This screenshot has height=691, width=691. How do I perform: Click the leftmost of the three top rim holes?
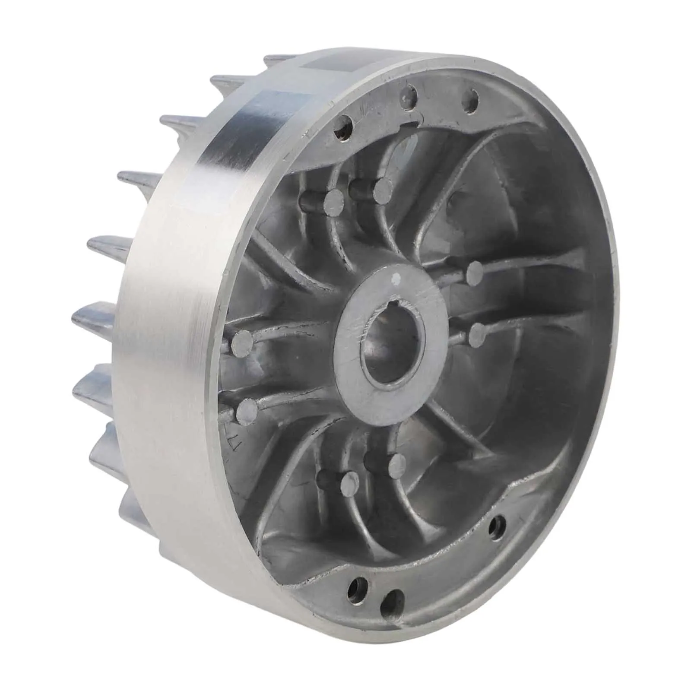point(346,124)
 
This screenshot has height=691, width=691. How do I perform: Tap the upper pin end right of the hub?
point(475,271)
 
